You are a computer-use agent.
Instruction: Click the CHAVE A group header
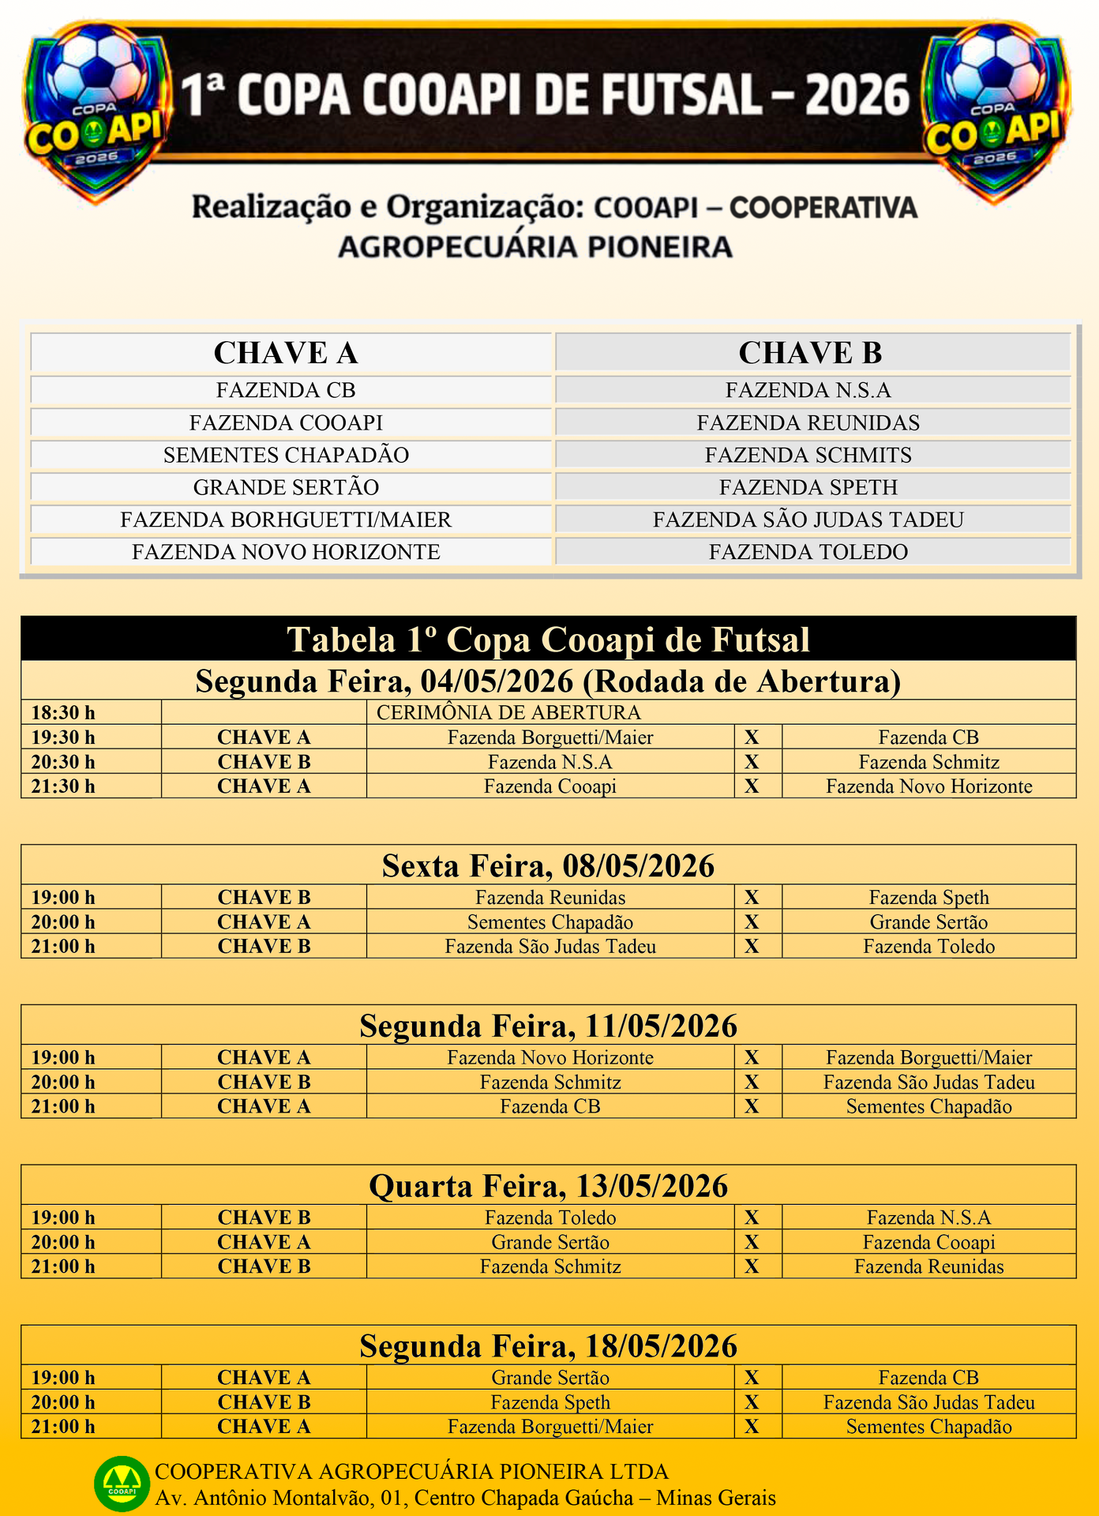point(286,352)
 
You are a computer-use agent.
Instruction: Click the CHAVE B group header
point(810,352)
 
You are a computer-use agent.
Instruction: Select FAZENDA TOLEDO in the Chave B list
point(808,551)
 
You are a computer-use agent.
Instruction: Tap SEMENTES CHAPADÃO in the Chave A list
point(286,455)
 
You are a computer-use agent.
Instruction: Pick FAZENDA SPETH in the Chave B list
point(808,487)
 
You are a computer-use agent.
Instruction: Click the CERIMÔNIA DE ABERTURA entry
point(508,712)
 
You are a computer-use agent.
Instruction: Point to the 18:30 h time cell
point(63,712)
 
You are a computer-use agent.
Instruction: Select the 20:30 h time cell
point(63,762)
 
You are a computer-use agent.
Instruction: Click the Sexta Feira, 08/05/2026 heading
point(548,865)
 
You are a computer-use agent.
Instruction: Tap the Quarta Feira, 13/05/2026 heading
point(548,1186)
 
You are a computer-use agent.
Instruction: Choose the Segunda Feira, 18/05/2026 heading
point(548,1346)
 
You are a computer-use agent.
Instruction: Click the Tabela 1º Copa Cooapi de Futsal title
point(548,639)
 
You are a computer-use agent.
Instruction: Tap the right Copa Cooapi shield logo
point(996,111)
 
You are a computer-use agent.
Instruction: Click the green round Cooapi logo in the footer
point(122,1484)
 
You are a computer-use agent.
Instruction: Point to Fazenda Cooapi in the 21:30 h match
point(550,786)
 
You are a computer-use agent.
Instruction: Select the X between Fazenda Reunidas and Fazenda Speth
point(752,898)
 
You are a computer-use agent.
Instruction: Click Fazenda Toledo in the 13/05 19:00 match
point(550,1218)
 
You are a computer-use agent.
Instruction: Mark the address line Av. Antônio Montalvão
point(465,1498)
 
